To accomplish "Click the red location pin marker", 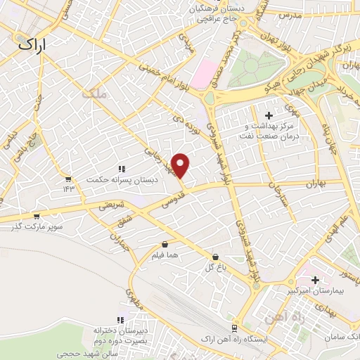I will (181, 165).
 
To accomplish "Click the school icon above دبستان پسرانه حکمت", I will (122, 169).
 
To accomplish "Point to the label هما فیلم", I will (165, 255).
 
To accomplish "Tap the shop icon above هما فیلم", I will (165, 245).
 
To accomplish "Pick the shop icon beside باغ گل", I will (214, 257).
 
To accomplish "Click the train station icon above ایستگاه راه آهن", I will (234, 328).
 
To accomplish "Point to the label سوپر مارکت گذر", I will (37, 226).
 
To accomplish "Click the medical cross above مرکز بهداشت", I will (267, 115).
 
